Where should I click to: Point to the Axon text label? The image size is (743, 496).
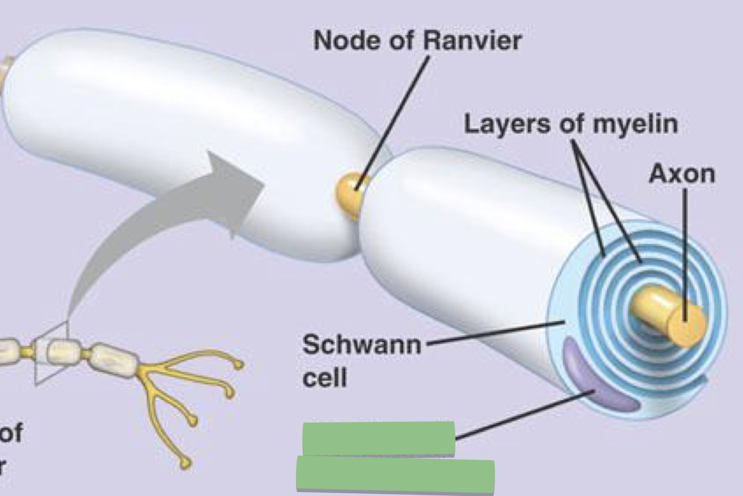pos(681,174)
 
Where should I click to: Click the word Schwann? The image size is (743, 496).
pos(361,345)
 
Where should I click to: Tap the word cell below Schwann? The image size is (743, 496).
pos(324,378)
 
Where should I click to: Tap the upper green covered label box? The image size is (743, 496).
pos(378,438)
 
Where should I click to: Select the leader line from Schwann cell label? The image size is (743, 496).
pos(493,333)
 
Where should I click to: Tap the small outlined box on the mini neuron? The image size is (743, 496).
pos(52,353)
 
